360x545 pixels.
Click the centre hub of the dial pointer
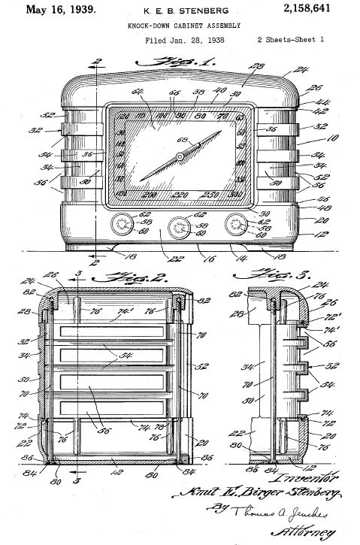179,156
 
